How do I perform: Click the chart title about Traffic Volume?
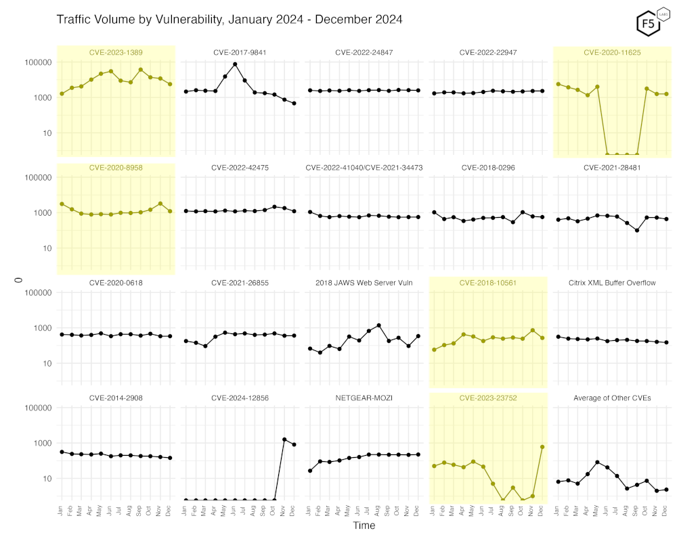230,20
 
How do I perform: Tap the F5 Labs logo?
649,22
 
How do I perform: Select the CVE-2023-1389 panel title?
116,52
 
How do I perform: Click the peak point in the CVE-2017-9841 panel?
235,64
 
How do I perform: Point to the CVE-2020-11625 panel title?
612,52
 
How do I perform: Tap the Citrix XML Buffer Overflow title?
612,283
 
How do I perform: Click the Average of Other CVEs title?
612,398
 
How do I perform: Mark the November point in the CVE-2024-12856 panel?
284,440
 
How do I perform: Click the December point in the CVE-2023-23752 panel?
542,447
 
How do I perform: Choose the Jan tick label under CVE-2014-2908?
62,510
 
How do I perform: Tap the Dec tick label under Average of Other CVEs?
667,510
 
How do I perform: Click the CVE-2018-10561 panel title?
488,283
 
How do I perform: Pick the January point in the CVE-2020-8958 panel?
62,204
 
